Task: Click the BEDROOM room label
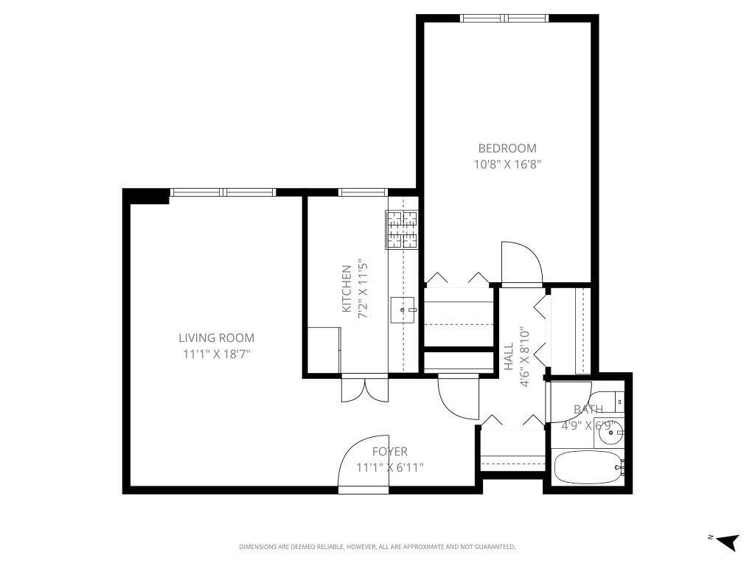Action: (507, 148)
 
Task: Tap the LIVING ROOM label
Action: (216, 338)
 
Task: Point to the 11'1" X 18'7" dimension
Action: (216, 354)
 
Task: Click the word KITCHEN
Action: (346, 289)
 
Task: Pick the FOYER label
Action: (389, 452)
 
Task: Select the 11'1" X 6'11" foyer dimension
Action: (389, 467)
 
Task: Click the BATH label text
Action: (588, 410)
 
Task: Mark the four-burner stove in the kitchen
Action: (402, 230)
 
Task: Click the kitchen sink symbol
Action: (403, 310)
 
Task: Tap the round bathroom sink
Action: (610, 433)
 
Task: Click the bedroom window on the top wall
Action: (505, 18)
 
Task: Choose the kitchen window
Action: (363, 193)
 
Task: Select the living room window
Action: (223, 193)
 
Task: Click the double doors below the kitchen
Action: (364, 388)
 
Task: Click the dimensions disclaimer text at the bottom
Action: (377, 547)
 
